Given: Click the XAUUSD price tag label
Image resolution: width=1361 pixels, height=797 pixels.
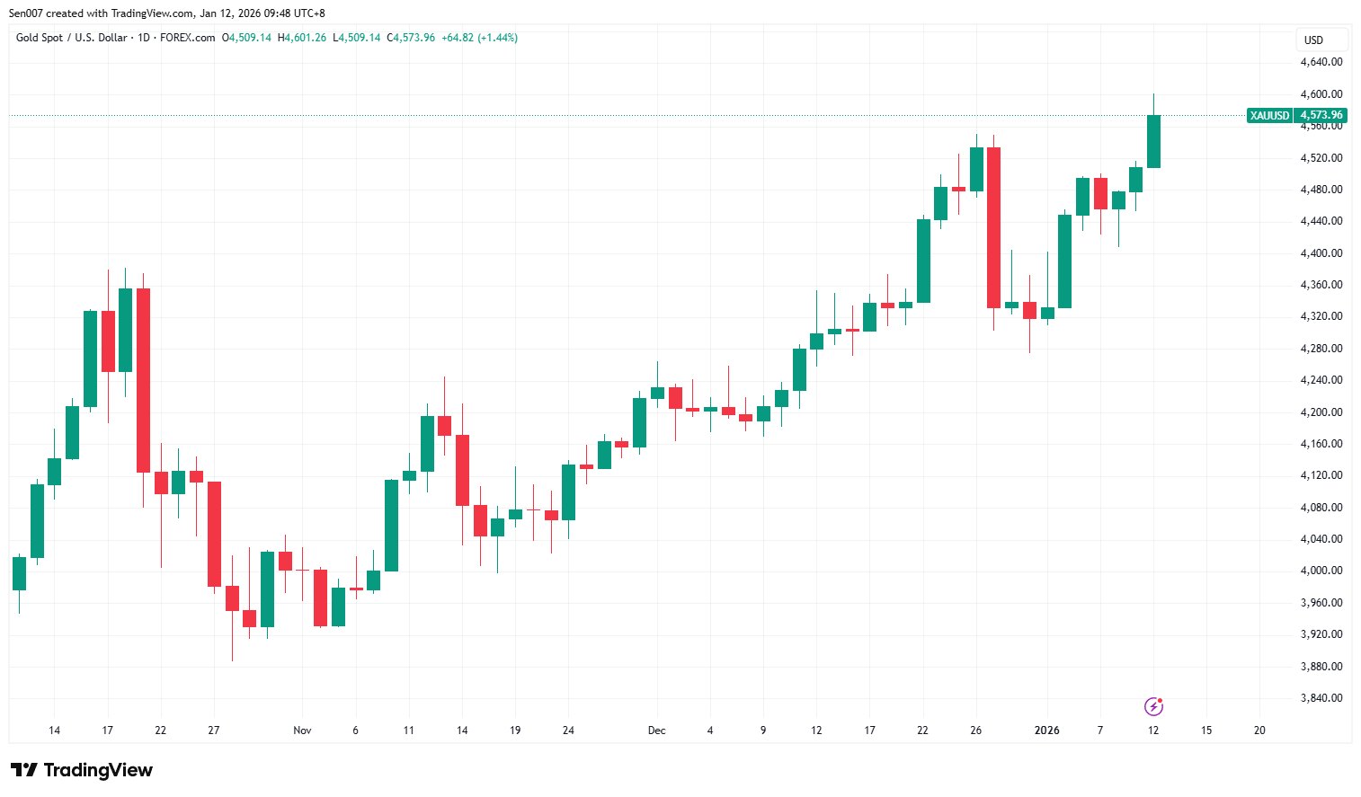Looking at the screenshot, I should point(1269,115).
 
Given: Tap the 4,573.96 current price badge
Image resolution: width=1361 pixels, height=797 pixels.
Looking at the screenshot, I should point(1321,115).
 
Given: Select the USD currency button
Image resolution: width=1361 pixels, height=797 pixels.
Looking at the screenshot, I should point(1314,40).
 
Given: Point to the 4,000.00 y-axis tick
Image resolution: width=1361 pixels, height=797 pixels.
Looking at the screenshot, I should point(1321,571).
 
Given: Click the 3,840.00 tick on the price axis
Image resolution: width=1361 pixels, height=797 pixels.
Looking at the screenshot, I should point(1321,698).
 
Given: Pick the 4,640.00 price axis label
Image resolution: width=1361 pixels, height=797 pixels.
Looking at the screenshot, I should point(1321,62).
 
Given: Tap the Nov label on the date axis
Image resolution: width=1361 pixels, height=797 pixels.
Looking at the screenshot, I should point(302,731).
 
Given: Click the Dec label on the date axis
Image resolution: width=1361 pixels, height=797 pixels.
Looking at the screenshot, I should point(657,731).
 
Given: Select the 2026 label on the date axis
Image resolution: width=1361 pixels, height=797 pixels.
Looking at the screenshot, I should point(1046,731).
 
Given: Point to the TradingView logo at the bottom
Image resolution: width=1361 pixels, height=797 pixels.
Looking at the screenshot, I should point(82,770).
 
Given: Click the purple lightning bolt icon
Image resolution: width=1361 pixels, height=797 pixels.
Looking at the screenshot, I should point(1153,706).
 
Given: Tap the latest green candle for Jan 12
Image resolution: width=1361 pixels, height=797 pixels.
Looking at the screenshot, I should point(1153,141).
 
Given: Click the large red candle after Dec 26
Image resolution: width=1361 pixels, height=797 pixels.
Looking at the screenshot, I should point(993,227).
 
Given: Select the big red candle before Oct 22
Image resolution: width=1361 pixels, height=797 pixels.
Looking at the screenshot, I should point(143,380).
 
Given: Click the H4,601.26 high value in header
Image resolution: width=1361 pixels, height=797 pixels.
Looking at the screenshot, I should point(302,38).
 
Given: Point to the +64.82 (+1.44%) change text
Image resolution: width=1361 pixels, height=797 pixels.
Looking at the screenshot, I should point(479,38).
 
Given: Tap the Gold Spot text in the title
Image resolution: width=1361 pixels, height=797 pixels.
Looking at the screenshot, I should point(40,38).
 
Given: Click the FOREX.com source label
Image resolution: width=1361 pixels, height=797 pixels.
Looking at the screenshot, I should point(188,38).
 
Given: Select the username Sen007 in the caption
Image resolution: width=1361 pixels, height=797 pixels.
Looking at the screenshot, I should point(25,13).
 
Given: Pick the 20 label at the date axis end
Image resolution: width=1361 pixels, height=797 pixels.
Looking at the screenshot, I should point(1259,731).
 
